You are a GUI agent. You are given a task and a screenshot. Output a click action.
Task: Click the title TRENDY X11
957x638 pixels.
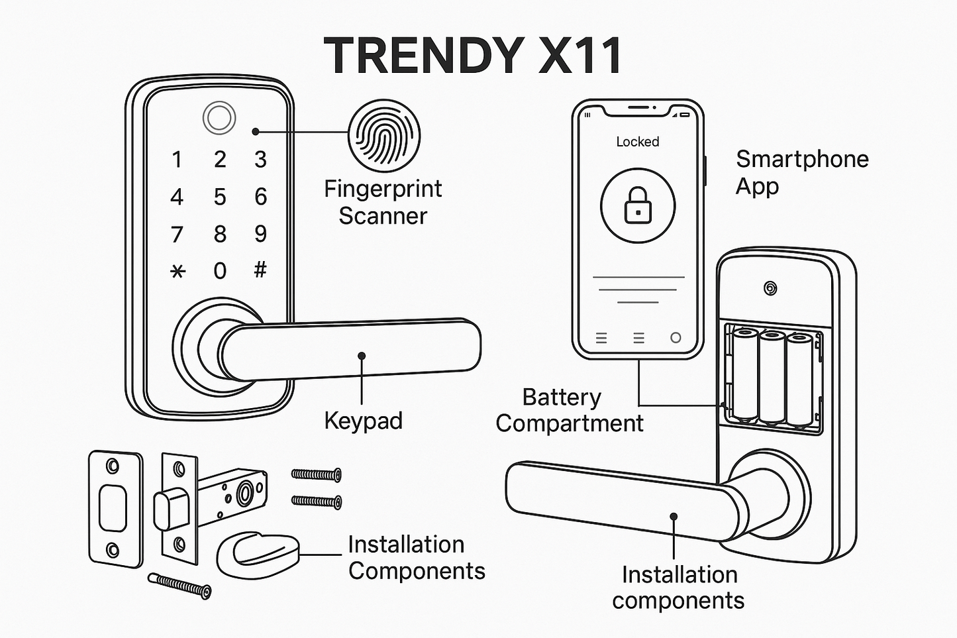point(472,56)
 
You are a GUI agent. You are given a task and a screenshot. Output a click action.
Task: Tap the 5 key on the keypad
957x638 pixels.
point(220,197)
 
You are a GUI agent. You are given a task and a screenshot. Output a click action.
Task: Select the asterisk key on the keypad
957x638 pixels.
point(177,272)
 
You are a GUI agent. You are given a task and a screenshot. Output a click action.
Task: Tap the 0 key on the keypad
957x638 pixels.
point(220,271)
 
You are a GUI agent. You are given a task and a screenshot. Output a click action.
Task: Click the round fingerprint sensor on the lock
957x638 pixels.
point(219,118)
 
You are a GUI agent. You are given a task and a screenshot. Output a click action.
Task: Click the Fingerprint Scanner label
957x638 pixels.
point(383,202)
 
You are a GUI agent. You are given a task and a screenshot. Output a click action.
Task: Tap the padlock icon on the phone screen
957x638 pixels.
point(638,205)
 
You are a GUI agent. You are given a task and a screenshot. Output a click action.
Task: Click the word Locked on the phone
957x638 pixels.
point(637,141)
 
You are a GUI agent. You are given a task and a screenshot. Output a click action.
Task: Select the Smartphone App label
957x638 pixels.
point(802,173)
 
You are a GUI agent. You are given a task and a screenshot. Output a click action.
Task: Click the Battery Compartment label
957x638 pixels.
point(570,410)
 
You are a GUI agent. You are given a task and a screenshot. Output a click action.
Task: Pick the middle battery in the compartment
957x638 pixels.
point(772,378)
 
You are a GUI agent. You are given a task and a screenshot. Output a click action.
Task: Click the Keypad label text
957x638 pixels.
point(363,421)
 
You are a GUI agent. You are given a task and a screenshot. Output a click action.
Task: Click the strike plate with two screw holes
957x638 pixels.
point(115,509)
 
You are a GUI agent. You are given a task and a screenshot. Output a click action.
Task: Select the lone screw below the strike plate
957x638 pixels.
point(179,586)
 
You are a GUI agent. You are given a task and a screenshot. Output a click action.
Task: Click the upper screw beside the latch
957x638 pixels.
point(316,474)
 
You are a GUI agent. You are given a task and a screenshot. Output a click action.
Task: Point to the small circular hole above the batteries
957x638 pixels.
point(770,289)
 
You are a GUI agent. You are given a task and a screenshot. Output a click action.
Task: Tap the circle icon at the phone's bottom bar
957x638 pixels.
point(676,338)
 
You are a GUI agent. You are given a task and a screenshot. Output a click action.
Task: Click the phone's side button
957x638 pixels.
point(705,171)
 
